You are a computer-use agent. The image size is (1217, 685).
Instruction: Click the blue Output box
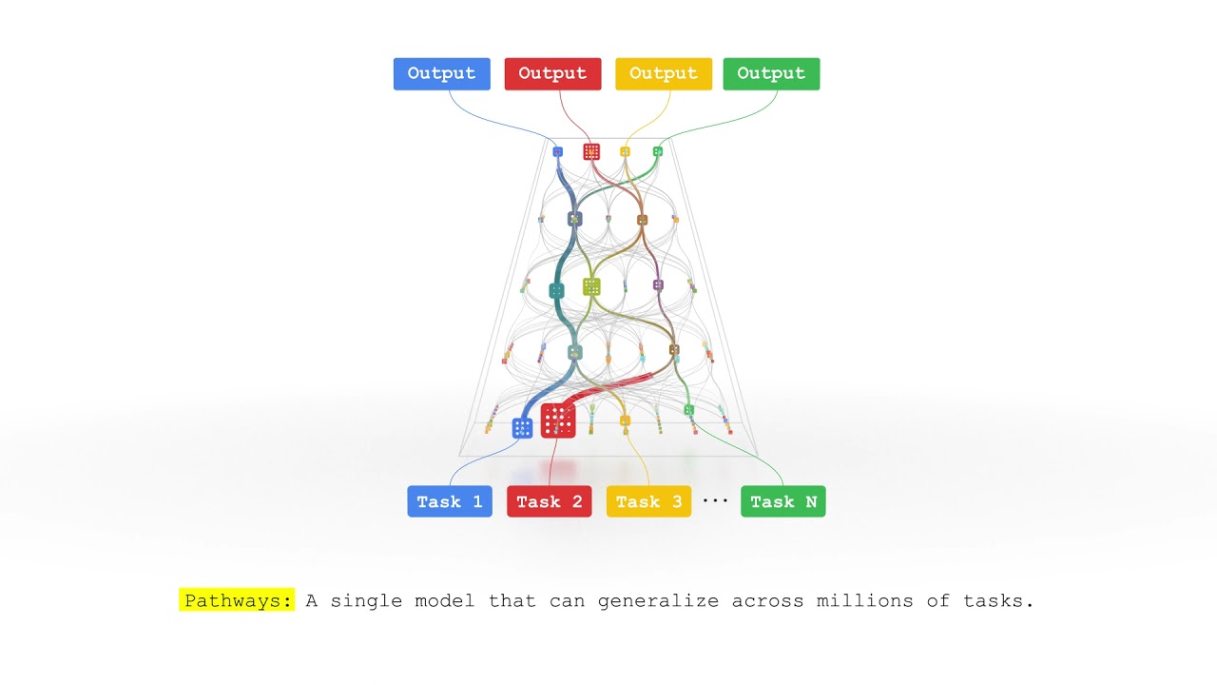(x=442, y=74)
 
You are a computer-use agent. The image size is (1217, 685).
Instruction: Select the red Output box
(x=552, y=74)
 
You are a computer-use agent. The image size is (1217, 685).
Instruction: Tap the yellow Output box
(x=664, y=74)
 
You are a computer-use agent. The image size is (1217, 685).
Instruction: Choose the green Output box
(x=771, y=74)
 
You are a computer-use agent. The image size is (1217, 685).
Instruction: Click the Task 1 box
(x=450, y=501)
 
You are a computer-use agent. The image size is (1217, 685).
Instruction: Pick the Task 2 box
(x=550, y=501)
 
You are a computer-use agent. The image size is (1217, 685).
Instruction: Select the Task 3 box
(x=648, y=501)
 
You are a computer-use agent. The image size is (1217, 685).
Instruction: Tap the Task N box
(x=782, y=501)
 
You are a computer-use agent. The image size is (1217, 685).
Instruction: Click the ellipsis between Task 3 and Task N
(x=715, y=500)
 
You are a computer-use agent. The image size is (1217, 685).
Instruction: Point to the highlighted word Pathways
(x=237, y=600)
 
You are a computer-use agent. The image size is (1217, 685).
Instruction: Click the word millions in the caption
(x=864, y=600)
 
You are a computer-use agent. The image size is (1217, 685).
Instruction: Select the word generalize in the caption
(x=658, y=601)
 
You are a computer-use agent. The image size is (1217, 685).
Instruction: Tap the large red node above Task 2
(x=558, y=421)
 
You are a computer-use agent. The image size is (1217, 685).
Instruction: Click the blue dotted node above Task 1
(x=522, y=428)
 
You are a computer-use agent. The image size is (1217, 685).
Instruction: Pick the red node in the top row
(x=591, y=151)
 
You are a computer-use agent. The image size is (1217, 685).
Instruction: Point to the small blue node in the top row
(x=557, y=151)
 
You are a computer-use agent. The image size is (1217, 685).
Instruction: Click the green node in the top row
(x=657, y=151)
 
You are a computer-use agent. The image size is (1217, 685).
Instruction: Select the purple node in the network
(x=658, y=284)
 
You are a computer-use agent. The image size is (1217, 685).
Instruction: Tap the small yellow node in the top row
(x=625, y=151)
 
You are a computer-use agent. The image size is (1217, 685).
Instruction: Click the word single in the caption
(x=366, y=601)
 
